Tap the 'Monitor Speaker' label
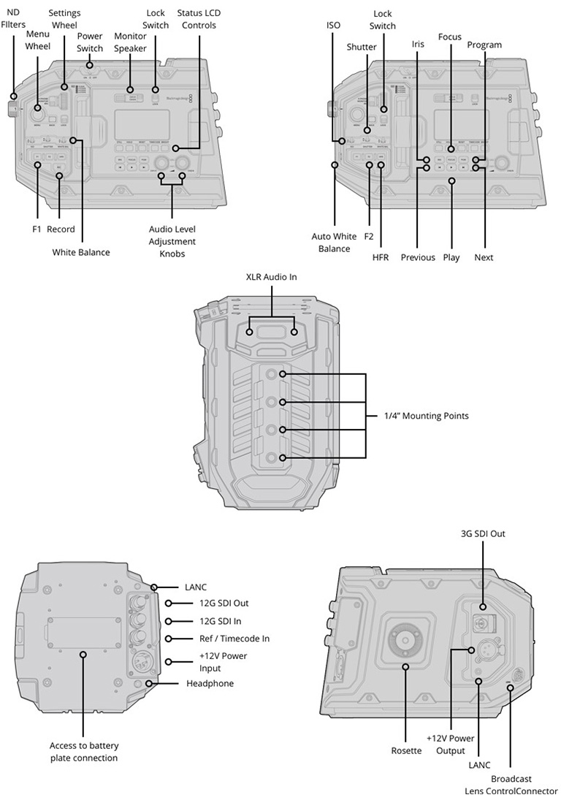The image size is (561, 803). click(x=131, y=43)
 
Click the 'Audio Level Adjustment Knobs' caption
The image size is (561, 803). click(x=172, y=241)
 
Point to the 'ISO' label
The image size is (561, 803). click(x=334, y=25)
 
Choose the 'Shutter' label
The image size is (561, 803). click(x=362, y=47)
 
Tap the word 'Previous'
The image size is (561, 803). click(x=418, y=257)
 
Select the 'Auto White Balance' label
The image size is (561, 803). click(x=334, y=243)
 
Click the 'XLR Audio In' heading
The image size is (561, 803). click(x=272, y=277)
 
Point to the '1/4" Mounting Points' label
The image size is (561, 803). click(x=427, y=416)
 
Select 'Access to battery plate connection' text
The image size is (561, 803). click(x=84, y=752)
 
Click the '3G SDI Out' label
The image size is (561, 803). click(x=483, y=533)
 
